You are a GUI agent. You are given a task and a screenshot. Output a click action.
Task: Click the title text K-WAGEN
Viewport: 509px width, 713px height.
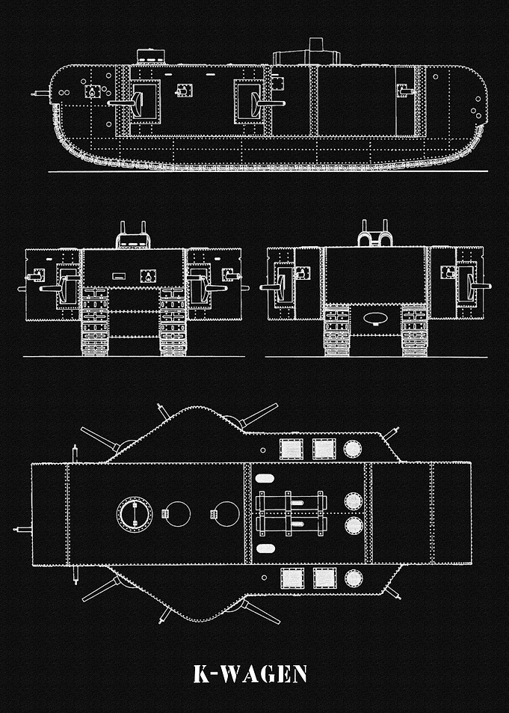(250, 674)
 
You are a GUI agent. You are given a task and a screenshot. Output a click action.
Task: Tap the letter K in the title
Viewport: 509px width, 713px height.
(201, 674)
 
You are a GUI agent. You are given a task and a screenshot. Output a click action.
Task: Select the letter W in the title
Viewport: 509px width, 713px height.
(231, 674)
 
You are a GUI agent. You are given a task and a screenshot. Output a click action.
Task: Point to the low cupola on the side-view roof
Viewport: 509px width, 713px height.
(150, 56)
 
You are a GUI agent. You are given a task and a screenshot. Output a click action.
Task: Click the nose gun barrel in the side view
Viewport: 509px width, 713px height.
(41, 94)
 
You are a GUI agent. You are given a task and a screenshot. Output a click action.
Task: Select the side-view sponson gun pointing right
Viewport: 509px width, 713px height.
(268, 102)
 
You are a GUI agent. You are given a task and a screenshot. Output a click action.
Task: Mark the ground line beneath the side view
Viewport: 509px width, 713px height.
(268, 171)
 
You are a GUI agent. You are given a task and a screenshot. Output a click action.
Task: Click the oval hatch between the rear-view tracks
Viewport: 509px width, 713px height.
(375, 318)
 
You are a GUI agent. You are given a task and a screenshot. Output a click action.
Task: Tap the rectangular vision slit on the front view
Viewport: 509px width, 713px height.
(119, 276)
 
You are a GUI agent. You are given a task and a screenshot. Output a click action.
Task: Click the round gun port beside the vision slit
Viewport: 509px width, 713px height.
(148, 276)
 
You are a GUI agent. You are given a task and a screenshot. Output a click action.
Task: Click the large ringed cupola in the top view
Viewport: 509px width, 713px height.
(135, 514)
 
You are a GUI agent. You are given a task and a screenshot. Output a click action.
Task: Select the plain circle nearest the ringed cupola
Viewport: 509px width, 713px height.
(177, 514)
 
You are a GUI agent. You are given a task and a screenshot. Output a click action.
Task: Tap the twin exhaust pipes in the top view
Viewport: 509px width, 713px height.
(291, 513)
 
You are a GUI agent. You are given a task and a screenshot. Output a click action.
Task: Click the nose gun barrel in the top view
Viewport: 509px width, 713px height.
(22, 529)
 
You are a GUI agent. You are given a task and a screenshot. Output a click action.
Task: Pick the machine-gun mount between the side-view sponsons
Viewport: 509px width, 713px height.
(184, 90)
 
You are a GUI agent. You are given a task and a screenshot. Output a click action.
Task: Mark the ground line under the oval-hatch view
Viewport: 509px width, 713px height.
(376, 357)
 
